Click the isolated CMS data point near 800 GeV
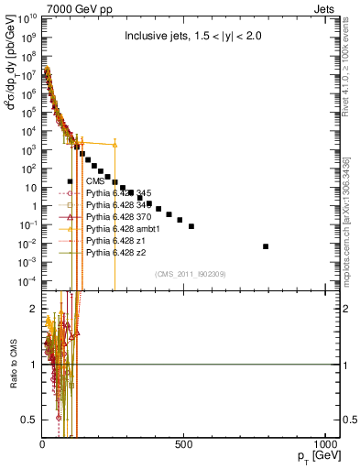[266, 246]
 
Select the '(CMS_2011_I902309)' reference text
[191, 273]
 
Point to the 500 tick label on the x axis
[184, 444]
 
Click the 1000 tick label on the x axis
[324, 444]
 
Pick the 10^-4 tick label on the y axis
[27, 280]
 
